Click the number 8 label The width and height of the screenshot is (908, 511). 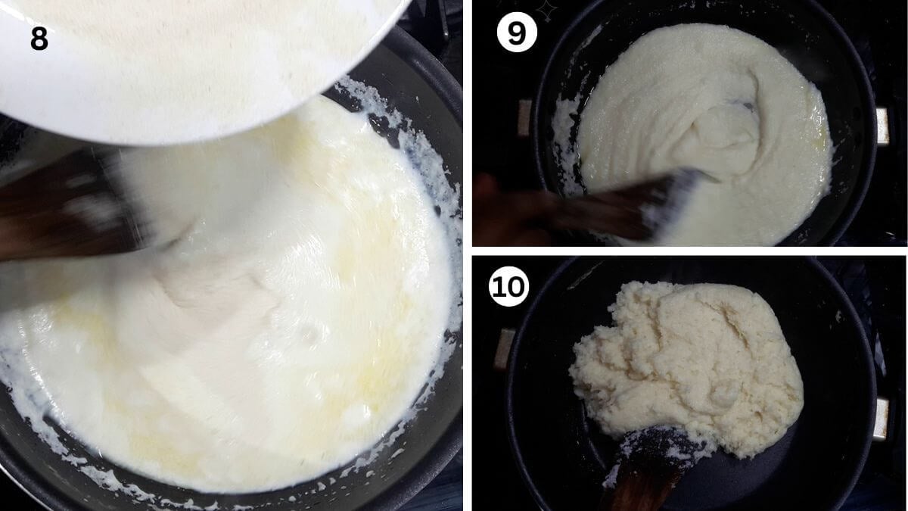[39, 39]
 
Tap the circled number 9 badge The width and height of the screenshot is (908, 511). [517, 32]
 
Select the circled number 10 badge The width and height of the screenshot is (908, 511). [508, 286]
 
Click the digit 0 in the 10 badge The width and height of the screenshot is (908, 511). [515, 287]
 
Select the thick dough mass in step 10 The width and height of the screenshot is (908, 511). [685, 365]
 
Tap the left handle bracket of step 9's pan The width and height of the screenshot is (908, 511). [525, 117]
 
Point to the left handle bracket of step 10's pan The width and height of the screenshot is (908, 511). [505, 349]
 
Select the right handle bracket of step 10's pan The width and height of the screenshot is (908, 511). [882, 419]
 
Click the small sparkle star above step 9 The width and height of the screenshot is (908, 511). [547, 11]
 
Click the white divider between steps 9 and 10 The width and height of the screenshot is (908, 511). [690, 251]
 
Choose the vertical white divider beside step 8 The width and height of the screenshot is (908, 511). [468, 256]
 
